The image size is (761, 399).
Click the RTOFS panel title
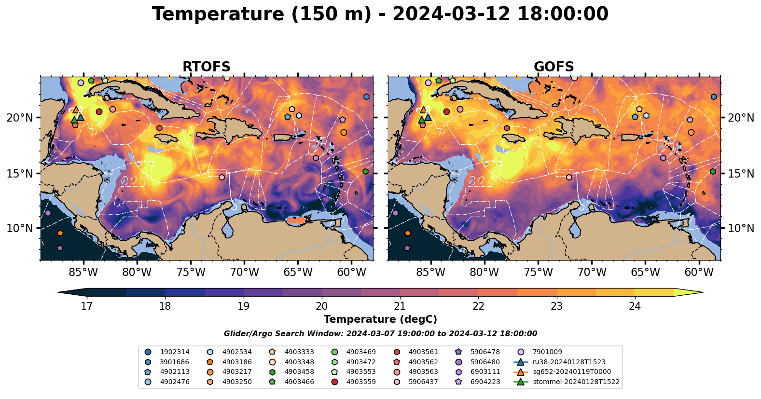(207, 67)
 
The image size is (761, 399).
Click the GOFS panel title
(554, 67)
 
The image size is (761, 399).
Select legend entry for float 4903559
(354, 382)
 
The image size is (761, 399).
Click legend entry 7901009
(540, 352)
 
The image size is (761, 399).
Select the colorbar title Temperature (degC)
(380, 319)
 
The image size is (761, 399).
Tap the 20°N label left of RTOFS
(20, 118)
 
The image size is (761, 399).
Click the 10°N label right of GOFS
(741, 228)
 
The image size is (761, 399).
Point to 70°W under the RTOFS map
(245, 272)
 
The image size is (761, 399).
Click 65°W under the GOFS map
(646, 272)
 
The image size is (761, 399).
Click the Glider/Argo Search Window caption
(380, 334)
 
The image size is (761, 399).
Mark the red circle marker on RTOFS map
(99, 112)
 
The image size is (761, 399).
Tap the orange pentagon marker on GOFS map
(408, 233)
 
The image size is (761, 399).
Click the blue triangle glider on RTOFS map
(81, 118)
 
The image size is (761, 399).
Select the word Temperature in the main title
(218, 14)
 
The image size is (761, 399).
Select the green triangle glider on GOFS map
(422, 120)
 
